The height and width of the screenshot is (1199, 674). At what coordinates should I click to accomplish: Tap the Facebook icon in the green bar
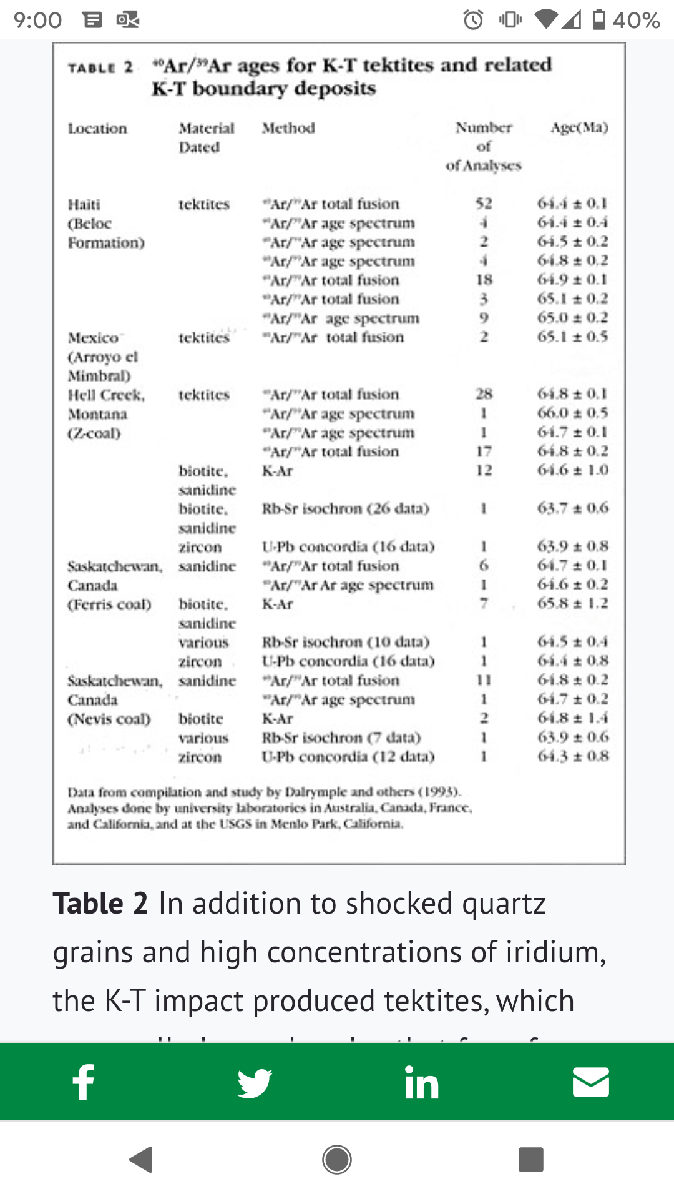pyautogui.click(x=84, y=1082)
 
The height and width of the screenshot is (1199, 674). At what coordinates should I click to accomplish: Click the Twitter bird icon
pyautogui.click(x=255, y=1082)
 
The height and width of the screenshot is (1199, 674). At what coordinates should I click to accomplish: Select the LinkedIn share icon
pyautogui.click(x=421, y=1082)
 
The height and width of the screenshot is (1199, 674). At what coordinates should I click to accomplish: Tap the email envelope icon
pyautogui.click(x=590, y=1082)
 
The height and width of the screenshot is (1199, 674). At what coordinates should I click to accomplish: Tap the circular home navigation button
pyautogui.click(x=337, y=1160)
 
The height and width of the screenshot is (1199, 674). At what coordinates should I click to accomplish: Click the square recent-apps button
pyautogui.click(x=530, y=1160)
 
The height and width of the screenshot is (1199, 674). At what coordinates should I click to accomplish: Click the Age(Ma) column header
pyautogui.click(x=579, y=127)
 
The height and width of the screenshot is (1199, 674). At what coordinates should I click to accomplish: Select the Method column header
pyautogui.click(x=288, y=128)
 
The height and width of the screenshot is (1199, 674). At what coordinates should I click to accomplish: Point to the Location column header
pyautogui.click(x=97, y=128)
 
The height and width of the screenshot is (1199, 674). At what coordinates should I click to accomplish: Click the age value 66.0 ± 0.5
pyautogui.click(x=572, y=413)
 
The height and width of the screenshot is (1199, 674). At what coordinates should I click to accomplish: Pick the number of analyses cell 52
pyautogui.click(x=484, y=204)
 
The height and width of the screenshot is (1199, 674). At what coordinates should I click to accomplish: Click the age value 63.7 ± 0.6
pyautogui.click(x=572, y=508)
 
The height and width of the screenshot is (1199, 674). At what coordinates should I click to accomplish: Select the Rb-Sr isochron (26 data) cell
pyautogui.click(x=345, y=508)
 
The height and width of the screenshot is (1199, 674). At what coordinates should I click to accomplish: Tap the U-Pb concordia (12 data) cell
pyautogui.click(x=348, y=756)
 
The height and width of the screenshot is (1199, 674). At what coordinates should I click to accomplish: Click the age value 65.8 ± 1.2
pyautogui.click(x=572, y=603)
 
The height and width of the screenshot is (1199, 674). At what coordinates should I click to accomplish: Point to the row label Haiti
pyautogui.click(x=84, y=204)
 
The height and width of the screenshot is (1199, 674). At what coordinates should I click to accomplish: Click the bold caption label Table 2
pyautogui.click(x=100, y=904)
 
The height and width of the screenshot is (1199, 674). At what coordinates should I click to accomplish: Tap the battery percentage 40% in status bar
pyautogui.click(x=636, y=20)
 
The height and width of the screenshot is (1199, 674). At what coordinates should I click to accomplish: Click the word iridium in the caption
pyautogui.click(x=555, y=952)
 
